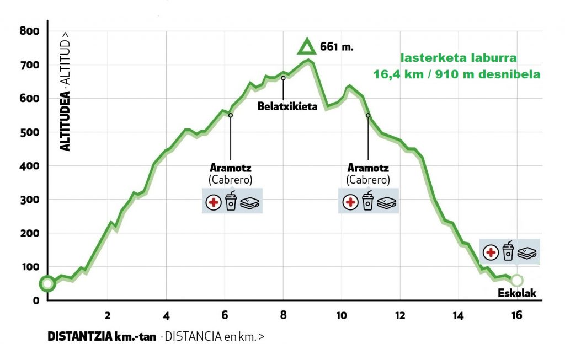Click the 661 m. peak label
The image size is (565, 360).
click(x=336, y=47)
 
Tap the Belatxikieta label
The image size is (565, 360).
click(x=287, y=106)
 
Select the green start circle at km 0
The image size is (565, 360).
click(x=47, y=284)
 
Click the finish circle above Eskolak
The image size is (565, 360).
click(x=516, y=280)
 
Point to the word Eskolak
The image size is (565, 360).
click(x=518, y=293)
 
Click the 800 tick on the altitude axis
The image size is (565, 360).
click(x=29, y=31)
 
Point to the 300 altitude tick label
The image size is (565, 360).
click(x=29, y=200)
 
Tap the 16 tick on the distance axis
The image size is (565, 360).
click(x=516, y=315)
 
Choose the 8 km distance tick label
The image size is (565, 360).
click(x=283, y=315)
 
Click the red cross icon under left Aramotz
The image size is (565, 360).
click(x=212, y=203)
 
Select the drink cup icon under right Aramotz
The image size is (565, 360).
click(x=367, y=201)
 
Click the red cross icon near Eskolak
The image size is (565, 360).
click(x=490, y=253)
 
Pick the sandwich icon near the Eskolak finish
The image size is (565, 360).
click(x=528, y=253)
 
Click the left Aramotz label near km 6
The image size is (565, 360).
click(x=230, y=168)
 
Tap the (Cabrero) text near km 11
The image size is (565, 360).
click(x=368, y=180)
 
